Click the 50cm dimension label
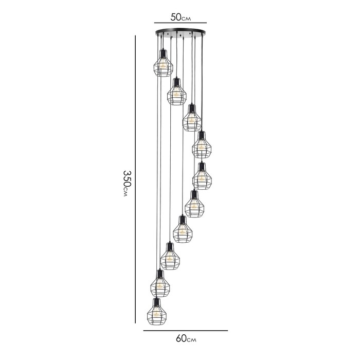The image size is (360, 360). click(181, 17)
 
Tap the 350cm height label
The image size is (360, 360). click(127, 183)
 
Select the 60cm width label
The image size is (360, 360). click(186, 338)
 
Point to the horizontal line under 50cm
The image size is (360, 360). click(181, 23)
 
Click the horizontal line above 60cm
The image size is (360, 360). click(186, 331)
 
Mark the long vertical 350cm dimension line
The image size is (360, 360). click(135, 179)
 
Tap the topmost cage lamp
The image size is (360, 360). click(163, 63)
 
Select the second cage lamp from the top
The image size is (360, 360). click(176, 92)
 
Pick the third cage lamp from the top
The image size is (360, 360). click(192, 118)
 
